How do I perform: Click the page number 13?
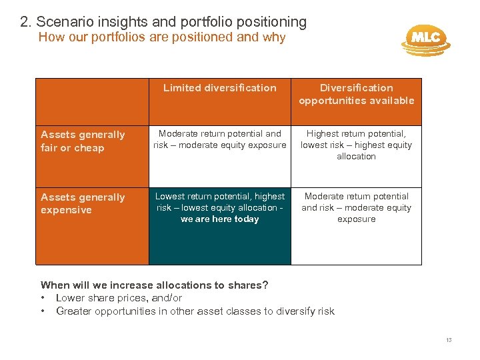click(449, 341)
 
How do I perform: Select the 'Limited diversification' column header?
click(219, 88)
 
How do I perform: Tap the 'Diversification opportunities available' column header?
click(356, 94)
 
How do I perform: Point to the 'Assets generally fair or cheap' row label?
click(83, 141)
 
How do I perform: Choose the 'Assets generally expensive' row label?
click(83, 203)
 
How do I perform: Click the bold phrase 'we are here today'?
click(219, 219)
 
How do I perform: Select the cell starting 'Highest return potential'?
click(356, 145)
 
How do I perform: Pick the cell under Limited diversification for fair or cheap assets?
click(219, 139)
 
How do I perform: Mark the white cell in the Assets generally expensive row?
click(356, 207)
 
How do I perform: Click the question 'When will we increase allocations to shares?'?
click(155, 285)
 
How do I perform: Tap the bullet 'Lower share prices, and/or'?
click(119, 298)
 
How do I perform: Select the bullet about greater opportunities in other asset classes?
click(195, 311)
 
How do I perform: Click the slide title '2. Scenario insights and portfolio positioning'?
click(163, 22)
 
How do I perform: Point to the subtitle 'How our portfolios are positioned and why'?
click(162, 37)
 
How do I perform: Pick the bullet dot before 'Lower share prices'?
click(43, 298)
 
